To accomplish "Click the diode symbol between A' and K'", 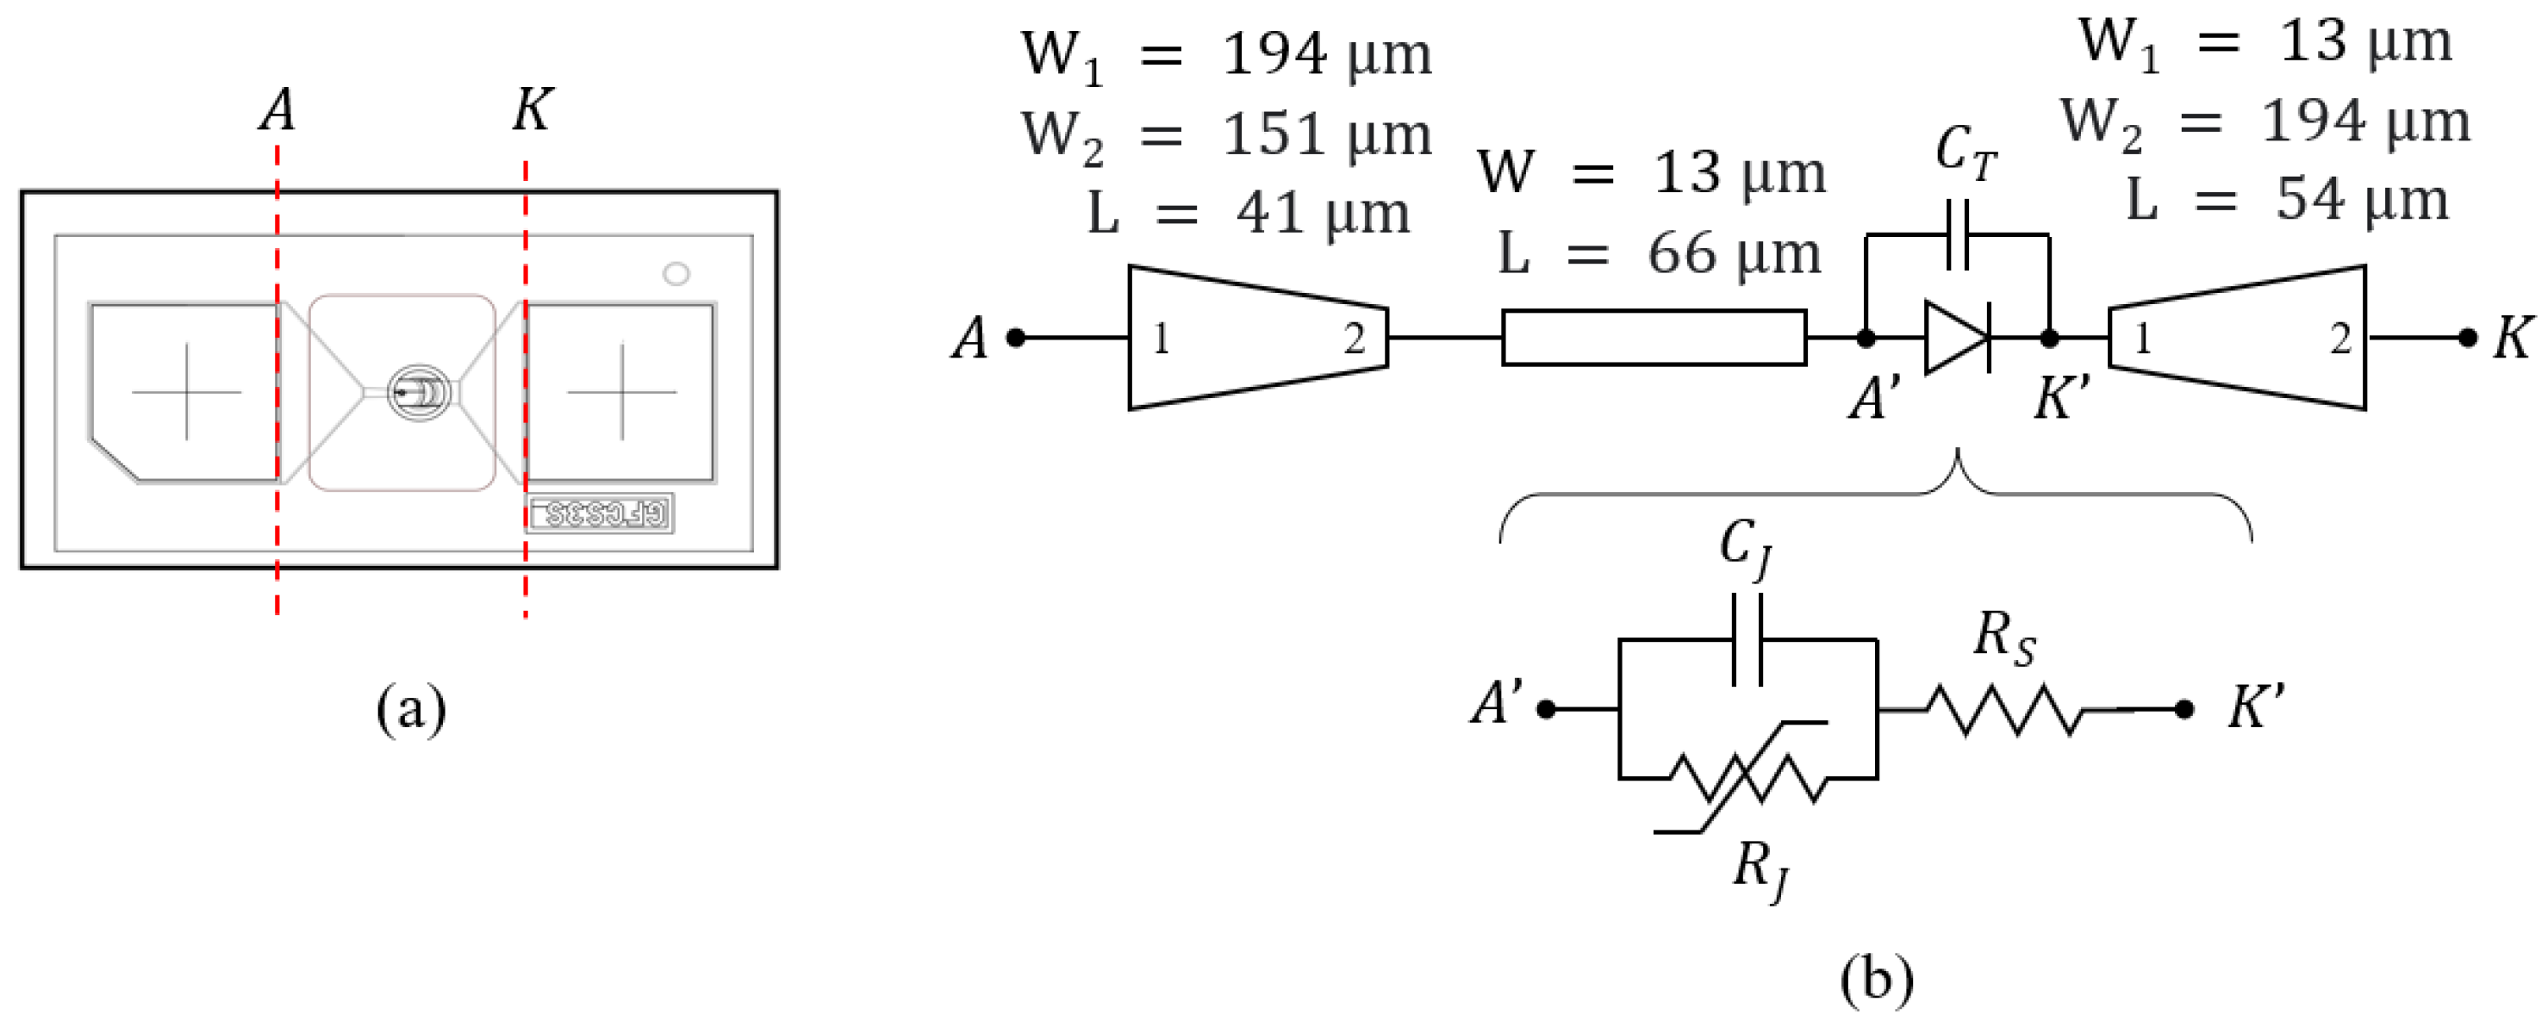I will (1957, 339).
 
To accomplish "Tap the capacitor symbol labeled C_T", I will (1957, 235).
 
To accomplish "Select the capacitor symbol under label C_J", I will (1747, 640).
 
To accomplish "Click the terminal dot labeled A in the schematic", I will (1015, 339).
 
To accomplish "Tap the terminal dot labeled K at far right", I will (2468, 339).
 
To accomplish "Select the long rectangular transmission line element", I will (1654, 339).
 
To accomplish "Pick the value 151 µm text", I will (1325, 135).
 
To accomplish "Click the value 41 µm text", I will (1323, 214).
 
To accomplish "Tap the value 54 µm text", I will (2362, 200).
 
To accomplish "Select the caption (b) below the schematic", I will (1877, 980).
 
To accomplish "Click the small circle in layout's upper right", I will (676, 273).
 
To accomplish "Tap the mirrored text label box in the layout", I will (600, 513).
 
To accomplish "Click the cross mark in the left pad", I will (187, 392).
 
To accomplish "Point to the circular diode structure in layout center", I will (419, 393).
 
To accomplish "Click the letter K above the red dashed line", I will (533, 109).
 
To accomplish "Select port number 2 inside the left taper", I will (1354, 339).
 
